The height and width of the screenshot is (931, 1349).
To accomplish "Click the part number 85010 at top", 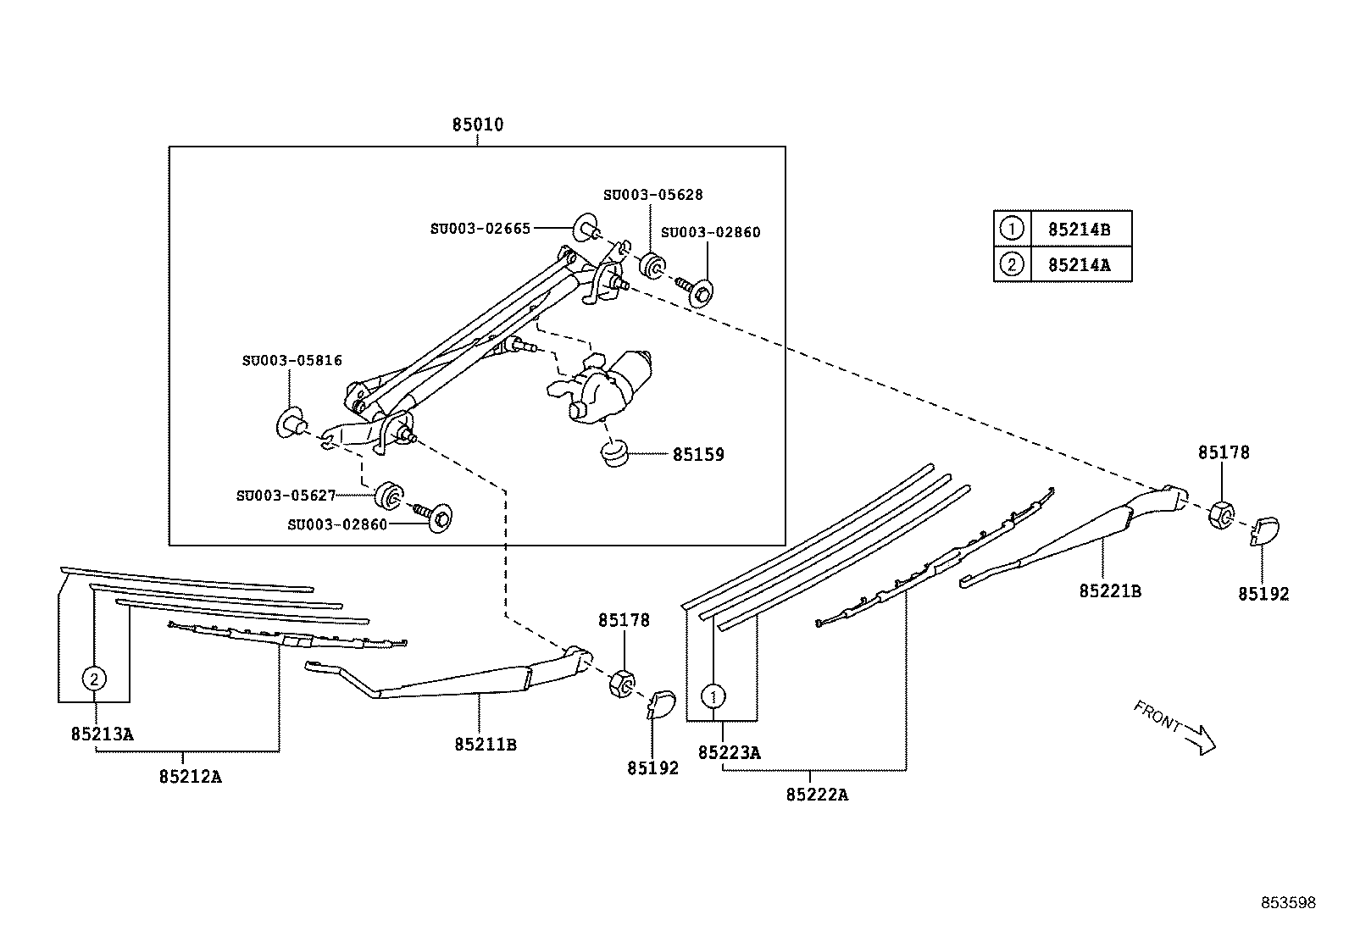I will [x=477, y=125].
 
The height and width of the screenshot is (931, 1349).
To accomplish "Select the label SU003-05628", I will [x=652, y=195].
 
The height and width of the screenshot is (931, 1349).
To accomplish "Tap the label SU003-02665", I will [x=480, y=229].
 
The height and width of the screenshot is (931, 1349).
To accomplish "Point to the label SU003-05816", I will [x=291, y=361].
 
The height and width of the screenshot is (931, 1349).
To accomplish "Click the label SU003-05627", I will [x=286, y=496].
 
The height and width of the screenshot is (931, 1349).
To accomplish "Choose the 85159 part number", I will [x=698, y=455].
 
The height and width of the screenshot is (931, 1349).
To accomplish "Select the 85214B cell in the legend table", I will [x=1079, y=229].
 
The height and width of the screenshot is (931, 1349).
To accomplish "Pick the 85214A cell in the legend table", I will [x=1079, y=264].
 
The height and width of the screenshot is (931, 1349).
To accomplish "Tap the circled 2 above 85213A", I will [x=94, y=678].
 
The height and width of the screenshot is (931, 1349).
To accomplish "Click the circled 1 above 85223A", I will [x=713, y=696].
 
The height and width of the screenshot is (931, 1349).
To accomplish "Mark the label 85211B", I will [x=486, y=745].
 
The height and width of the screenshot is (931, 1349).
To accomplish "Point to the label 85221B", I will [x=1109, y=591].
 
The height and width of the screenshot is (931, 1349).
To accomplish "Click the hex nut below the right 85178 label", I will [x=1220, y=514].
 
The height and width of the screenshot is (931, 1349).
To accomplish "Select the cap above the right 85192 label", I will [x=1264, y=530].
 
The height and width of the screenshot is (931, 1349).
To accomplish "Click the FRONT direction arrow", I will [x=1199, y=737].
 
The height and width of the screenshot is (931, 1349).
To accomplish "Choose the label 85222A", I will [x=817, y=795].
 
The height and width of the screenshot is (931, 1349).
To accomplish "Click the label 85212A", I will [x=190, y=776].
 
